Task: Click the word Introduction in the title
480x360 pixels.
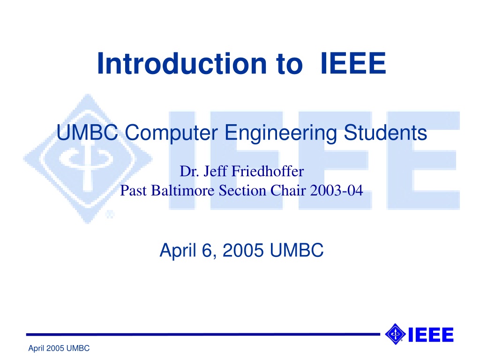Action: point(182,63)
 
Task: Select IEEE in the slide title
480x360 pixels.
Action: point(353,63)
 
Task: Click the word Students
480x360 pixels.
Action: point(385,133)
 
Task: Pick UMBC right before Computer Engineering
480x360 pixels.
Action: point(87,133)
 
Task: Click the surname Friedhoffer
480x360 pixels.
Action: point(268,171)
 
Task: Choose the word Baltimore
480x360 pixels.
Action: point(182,190)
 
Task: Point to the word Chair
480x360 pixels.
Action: point(288,190)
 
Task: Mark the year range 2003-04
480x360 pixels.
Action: point(337,190)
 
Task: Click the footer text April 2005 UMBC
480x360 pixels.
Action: point(59,348)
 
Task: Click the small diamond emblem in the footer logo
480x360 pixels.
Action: point(395,334)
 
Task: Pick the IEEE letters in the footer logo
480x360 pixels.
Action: point(431,335)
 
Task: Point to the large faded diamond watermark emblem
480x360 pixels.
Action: point(88,158)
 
